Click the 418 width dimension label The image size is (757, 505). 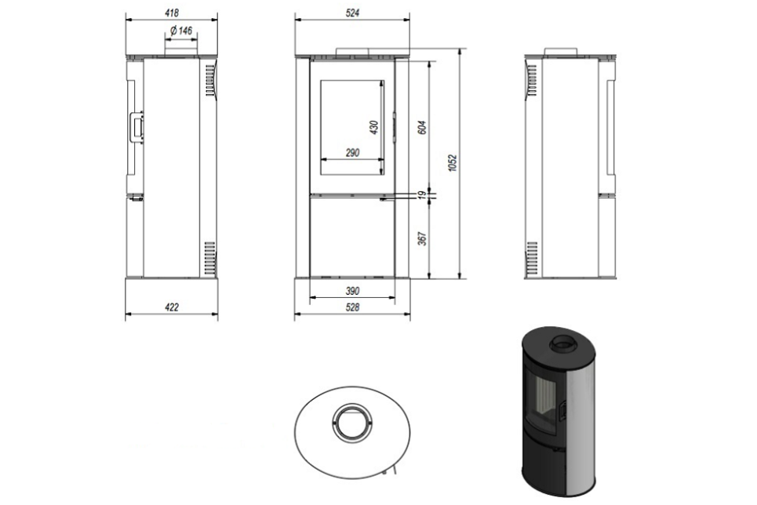click(171, 13)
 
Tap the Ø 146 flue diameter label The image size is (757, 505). click(181, 31)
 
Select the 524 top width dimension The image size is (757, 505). click(352, 13)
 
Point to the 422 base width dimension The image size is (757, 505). click(171, 307)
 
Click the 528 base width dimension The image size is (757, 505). click(352, 307)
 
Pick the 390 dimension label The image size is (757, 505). click(352, 291)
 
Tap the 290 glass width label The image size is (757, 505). click(352, 153)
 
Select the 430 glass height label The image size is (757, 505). click(373, 127)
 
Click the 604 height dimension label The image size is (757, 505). click(421, 127)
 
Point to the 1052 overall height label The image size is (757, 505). click(452, 163)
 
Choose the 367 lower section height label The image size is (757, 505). click(421, 238)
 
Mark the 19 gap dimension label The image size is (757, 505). click(421, 195)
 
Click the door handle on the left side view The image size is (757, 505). click(136, 128)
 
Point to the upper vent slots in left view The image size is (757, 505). click(210, 81)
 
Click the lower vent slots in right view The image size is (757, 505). click(532, 258)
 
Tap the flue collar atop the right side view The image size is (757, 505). click(561, 51)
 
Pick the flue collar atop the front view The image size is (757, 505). click(352, 51)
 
